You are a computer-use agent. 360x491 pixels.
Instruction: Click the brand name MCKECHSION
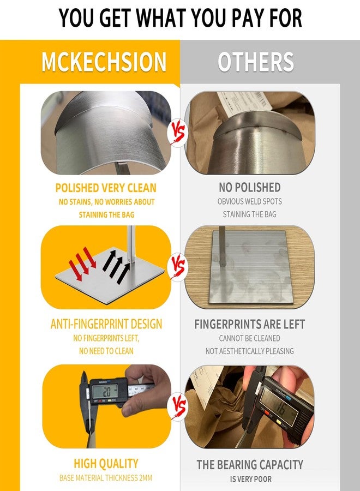(x=104, y=62)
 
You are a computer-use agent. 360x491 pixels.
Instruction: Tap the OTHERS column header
(x=256, y=62)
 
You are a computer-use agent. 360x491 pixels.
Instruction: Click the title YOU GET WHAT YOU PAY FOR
(x=181, y=18)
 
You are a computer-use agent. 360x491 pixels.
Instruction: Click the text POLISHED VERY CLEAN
(x=106, y=188)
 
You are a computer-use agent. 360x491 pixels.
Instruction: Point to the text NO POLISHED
(x=249, y=187)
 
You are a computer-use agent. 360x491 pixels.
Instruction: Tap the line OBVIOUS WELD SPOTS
(x=249, y=201)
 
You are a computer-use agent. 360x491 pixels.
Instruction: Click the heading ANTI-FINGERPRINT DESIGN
(x=106, y=324)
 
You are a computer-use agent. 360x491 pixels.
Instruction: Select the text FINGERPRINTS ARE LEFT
(x=249, y=324)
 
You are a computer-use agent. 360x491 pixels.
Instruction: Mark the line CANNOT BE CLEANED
(x=249, y=338)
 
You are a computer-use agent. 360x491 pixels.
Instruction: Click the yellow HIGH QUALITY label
(x=106, y=463)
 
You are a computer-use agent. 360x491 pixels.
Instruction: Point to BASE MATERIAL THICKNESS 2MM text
(x=106, y=478)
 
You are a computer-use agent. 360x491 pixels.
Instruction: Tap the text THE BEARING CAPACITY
(x=250, y=464)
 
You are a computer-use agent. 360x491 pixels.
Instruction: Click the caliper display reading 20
(x=105, y=391)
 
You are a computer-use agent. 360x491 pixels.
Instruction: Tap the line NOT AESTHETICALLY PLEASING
(x=249, y=351)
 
